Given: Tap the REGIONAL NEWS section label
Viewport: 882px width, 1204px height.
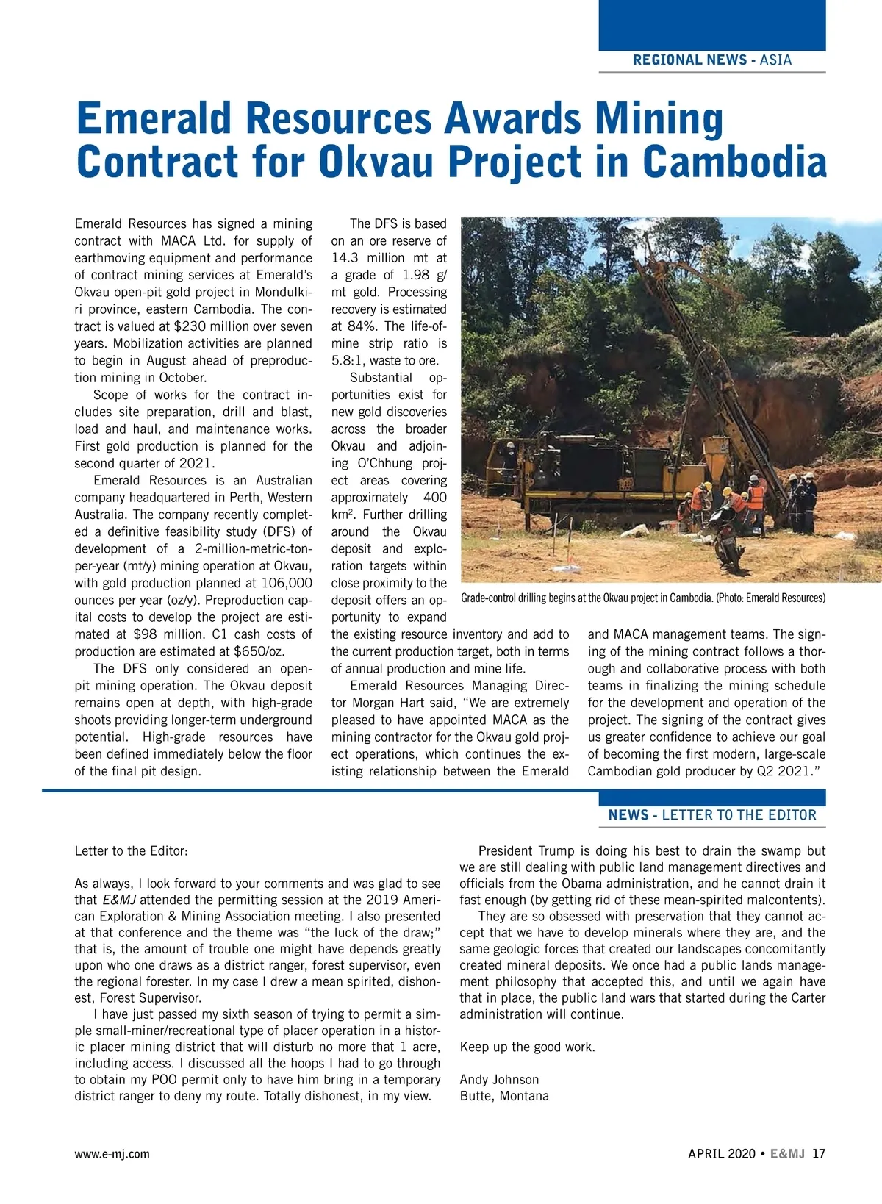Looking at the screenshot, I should point(689,60).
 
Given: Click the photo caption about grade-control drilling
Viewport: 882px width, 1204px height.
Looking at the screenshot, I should point(642,598).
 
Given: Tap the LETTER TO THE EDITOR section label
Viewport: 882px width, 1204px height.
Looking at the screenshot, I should point(739,815).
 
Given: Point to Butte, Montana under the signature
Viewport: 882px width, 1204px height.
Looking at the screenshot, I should point(504,1096).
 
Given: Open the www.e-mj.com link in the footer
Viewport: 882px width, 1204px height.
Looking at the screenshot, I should point(112,1154).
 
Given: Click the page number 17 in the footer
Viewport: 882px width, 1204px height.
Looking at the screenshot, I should point(819,1154).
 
